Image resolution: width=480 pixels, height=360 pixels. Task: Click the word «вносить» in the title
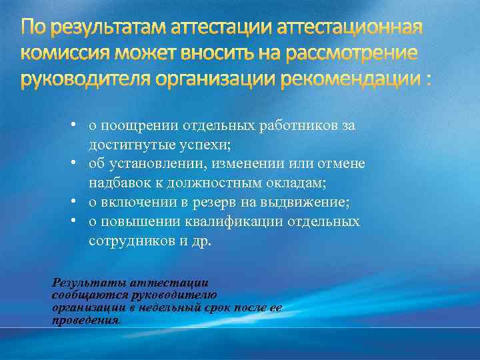pyautogui.click(x=219, y=53)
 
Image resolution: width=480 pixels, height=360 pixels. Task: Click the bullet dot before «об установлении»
pyautogui.click(x=78, y=163)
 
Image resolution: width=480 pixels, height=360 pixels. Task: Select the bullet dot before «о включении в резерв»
pyautogui.click(x=78, y=202)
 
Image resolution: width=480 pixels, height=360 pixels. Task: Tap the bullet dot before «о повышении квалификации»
pyautogui.click(x=78, y=221)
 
